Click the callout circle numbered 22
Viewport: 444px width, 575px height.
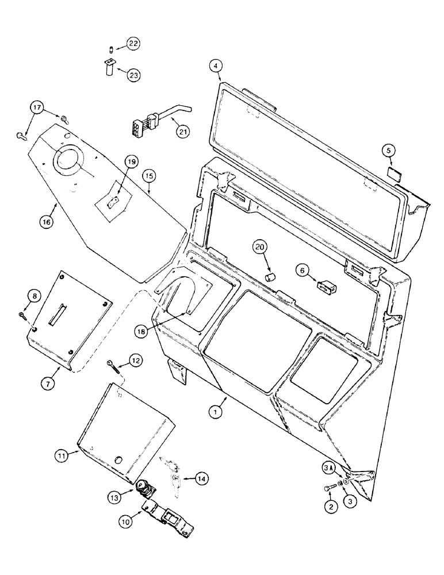coord(133,44)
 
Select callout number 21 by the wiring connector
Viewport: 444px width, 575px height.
coord(182,132)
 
